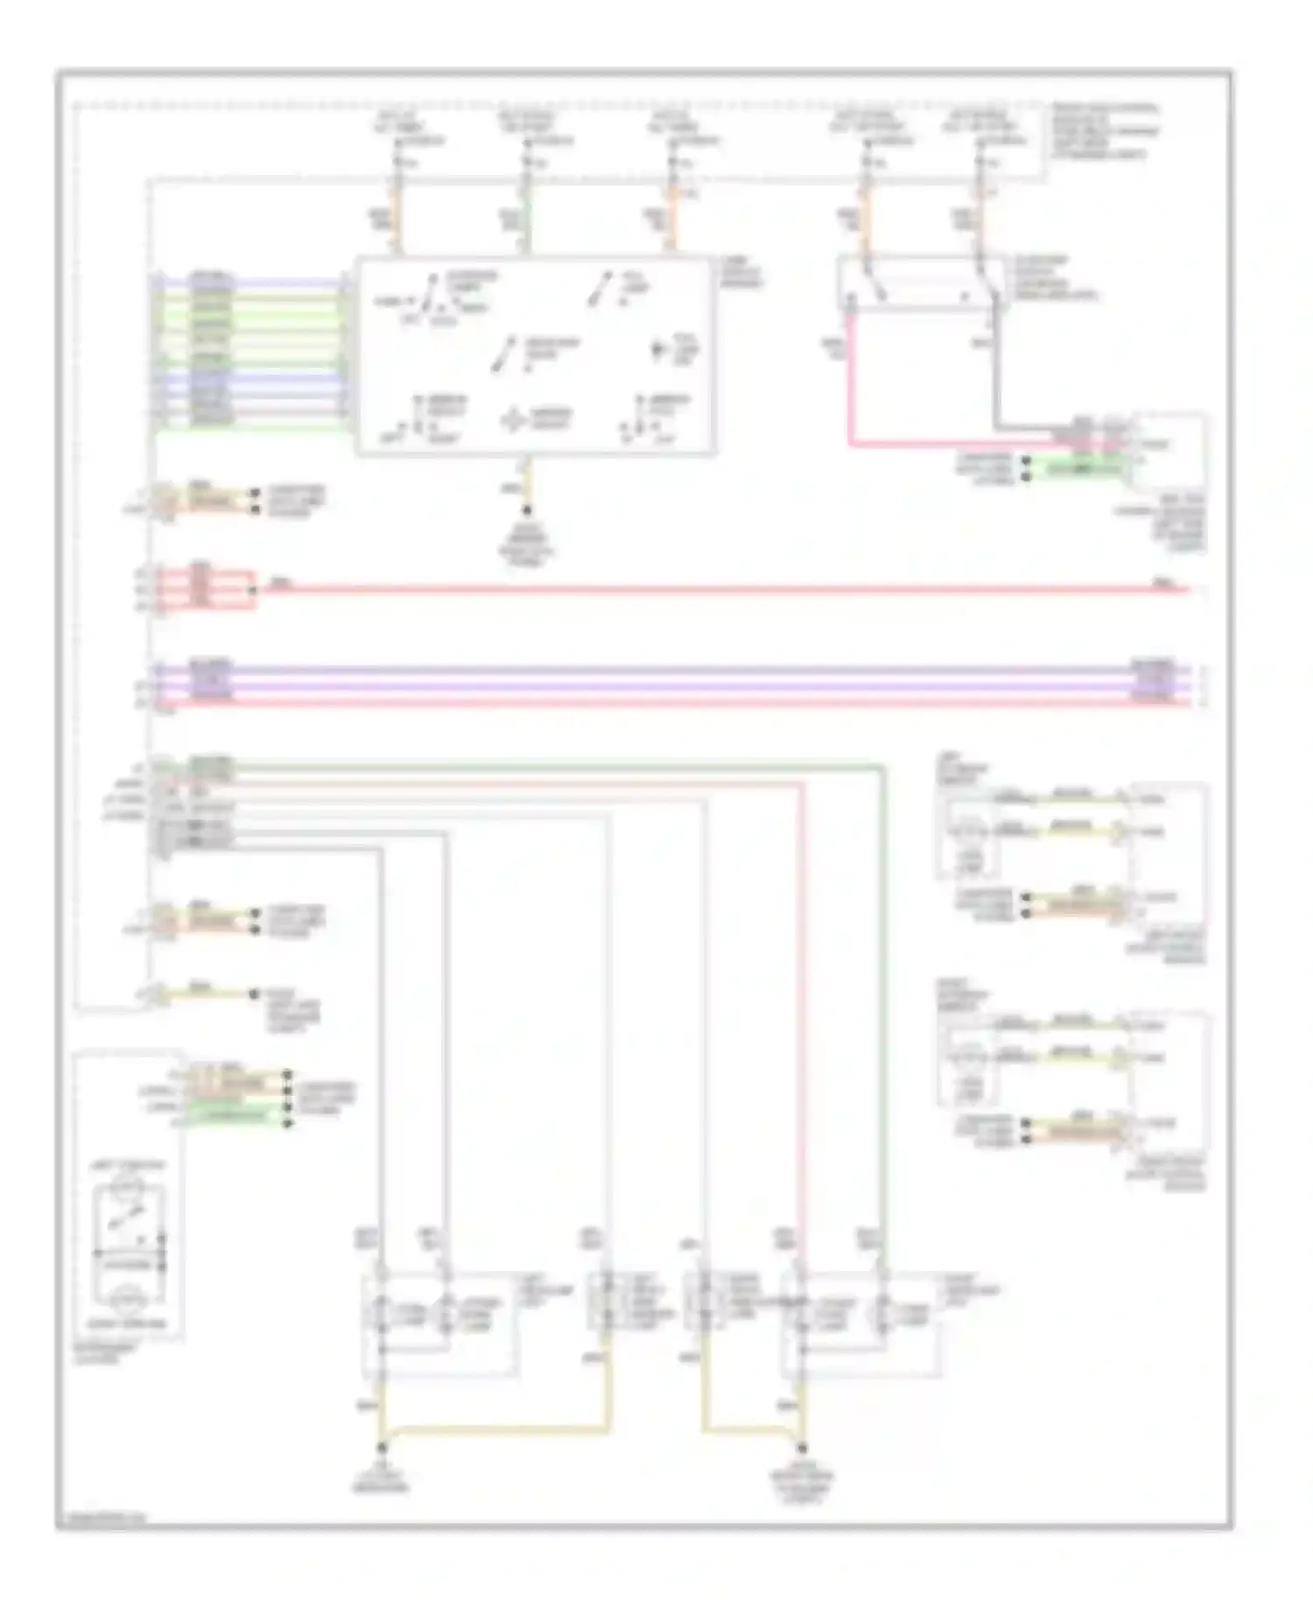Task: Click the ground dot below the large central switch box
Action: point(527,510)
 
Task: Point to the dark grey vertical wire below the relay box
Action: point(995,385)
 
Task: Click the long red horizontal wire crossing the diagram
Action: point(700,590)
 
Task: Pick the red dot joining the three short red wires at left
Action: point(254,590)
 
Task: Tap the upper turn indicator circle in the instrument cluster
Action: point(129,1189)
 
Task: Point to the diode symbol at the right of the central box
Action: point(658,351)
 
